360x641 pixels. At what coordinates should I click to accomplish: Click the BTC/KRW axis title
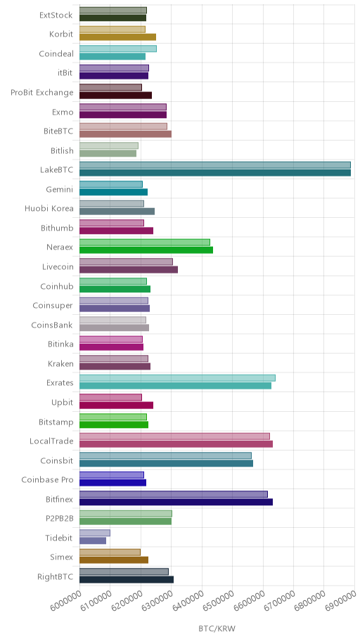click(217, 628)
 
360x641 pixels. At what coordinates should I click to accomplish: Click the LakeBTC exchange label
click(56, 169)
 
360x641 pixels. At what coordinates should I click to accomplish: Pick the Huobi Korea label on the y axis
click(49, 209)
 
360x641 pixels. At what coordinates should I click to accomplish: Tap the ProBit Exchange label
click(42, 92)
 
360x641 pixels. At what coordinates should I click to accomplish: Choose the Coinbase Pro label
click(47, 479)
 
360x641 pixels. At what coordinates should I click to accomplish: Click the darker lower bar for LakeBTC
click(215, 173)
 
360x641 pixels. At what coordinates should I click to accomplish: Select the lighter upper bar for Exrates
click(178, 378)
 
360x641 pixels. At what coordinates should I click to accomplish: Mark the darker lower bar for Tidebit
click(93, 541)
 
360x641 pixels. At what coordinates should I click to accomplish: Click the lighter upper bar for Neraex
click(145, 242)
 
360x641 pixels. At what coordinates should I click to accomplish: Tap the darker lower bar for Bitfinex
click(176, 502)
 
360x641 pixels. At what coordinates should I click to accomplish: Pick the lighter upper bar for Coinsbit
click(166, 456)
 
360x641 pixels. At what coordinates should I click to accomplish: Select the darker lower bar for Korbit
click(118, 37)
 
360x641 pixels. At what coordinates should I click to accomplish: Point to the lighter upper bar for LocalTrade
click(174, 436)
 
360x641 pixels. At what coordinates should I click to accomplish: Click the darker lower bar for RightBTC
click(127, 579)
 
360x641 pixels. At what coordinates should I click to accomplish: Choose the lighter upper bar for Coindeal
click(118, 49)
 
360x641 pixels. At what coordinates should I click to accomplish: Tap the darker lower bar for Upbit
click(117, 405)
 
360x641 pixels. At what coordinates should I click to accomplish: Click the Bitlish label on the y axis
click(62, 150)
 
